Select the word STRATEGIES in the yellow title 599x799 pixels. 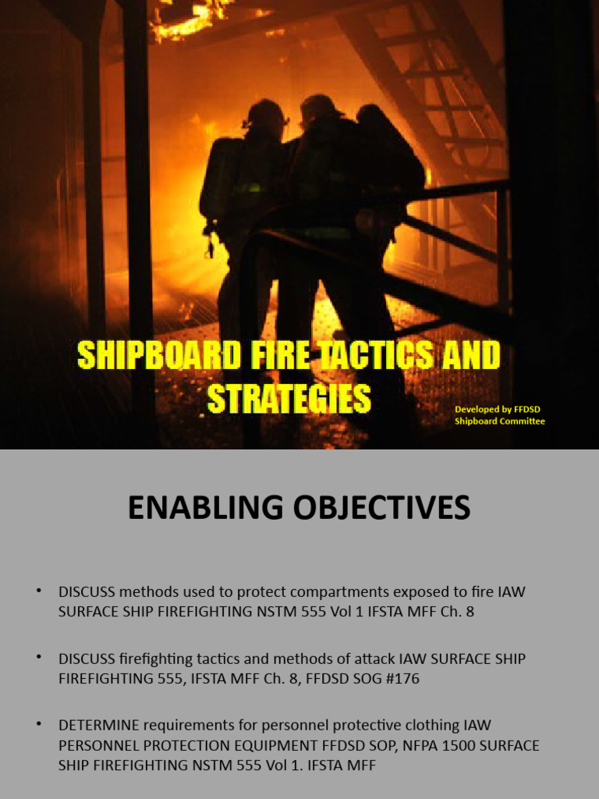(x=289, y=398)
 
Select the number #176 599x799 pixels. (x=399, y=679)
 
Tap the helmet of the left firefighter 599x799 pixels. (x=265, y=113)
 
